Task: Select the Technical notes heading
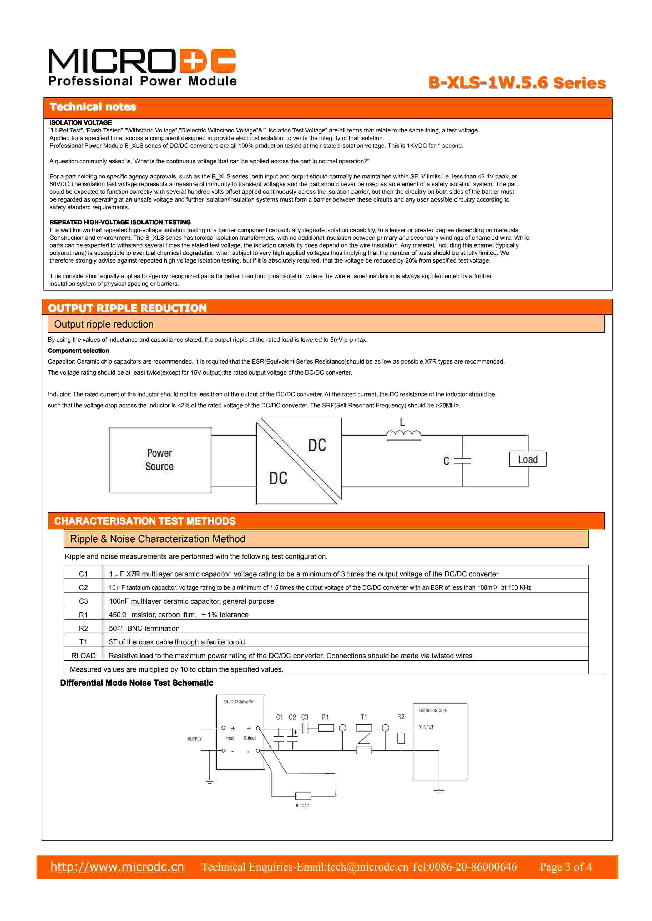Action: point(93,107)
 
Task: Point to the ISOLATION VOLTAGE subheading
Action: point(81,123)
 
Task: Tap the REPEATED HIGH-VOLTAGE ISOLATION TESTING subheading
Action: point(120,222)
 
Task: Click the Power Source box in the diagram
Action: point(160,460)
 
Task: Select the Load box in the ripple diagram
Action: point(528,460)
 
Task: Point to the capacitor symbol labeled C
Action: point(463,461)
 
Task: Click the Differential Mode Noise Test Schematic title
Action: point(137,683)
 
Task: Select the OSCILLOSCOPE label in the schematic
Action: point(433,710)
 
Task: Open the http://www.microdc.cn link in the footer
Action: point(117,867)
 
